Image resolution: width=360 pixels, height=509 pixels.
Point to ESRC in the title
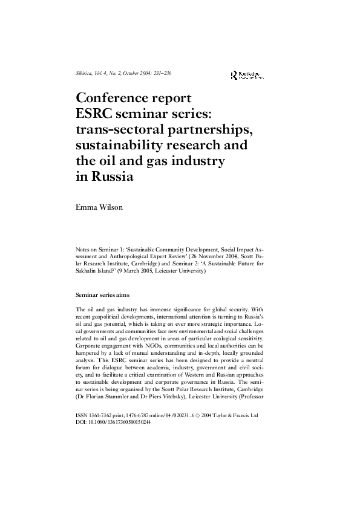(94, 114)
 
